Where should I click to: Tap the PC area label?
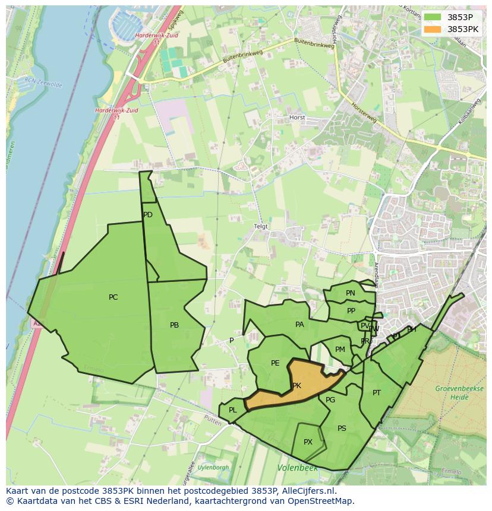(x=113, y=297)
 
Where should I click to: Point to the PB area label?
(x=174, y=325)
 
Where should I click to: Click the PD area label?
(x=148, y=215)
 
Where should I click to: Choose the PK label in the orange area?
(x=297, y=386)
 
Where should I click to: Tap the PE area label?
(x=275, y=363)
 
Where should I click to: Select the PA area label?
(x=299, y=325)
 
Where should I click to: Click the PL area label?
(x=233, y=410)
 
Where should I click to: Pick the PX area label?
(x=308, y=442)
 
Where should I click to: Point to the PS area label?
(x=342, y=429)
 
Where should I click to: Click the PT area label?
(x=377, y=393)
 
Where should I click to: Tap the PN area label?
(x=351, y=293)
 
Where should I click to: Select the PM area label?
(x=340, y=350)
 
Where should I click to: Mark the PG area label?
(x=330, y=400)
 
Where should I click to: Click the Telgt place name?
(x=261, y=227)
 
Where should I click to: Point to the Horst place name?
(x=297, y=118)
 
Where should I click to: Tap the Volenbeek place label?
(x=297, y=468)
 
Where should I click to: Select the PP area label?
(x=351, y=311)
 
